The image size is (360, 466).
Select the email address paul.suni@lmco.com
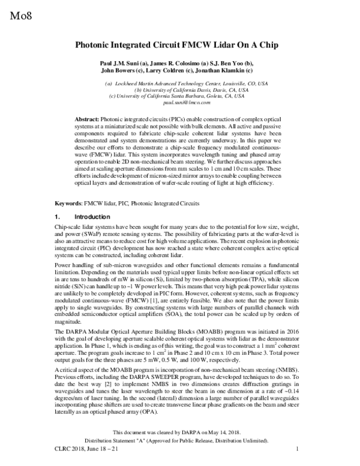tap(181, 102)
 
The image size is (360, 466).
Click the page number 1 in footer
tap(298, 449)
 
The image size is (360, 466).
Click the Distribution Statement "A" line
tap(180, 439)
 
